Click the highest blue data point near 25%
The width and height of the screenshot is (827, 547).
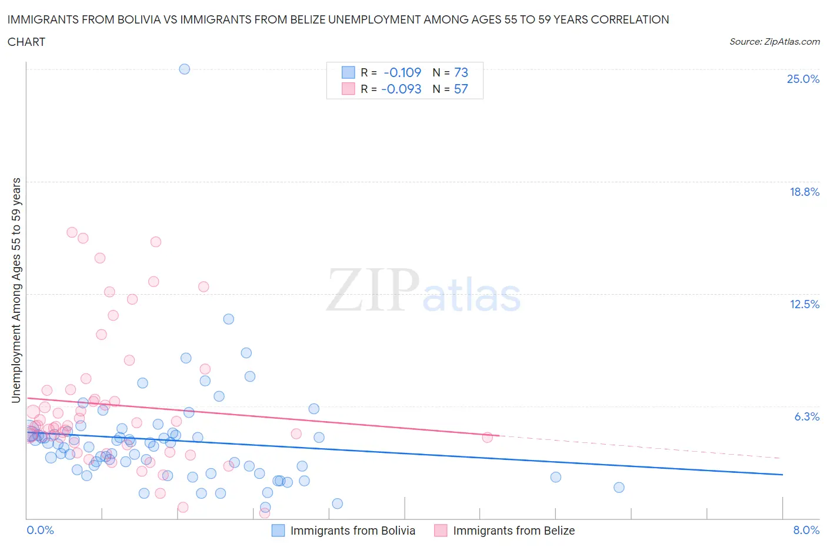coord(184,69)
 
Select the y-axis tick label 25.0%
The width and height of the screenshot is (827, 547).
coord(803,79)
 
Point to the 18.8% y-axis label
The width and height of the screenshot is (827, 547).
coord(804,192)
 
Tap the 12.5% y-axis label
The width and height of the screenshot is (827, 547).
coord(804,304)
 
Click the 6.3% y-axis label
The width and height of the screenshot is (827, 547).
coord(806,416)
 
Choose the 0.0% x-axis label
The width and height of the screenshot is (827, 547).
coord(40,530)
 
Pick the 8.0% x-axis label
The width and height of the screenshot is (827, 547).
coord(806,530)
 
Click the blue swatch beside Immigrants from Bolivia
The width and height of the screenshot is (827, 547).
coord(278,531)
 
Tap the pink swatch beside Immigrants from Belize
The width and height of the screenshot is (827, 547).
coord(441,531)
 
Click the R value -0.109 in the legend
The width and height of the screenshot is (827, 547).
coord(402,72)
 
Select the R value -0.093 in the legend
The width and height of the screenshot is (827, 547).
coord(401,89)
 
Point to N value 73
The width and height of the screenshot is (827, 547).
coord(461,72)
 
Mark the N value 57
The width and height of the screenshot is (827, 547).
coord(461,89)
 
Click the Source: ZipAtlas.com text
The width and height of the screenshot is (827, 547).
coord(774,41)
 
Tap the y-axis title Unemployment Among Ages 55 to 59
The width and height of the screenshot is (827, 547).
coord(16,290)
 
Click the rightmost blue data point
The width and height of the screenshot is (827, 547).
coord(619,487)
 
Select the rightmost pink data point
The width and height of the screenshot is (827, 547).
coord(487,437)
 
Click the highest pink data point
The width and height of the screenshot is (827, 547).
coord(72,232)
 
